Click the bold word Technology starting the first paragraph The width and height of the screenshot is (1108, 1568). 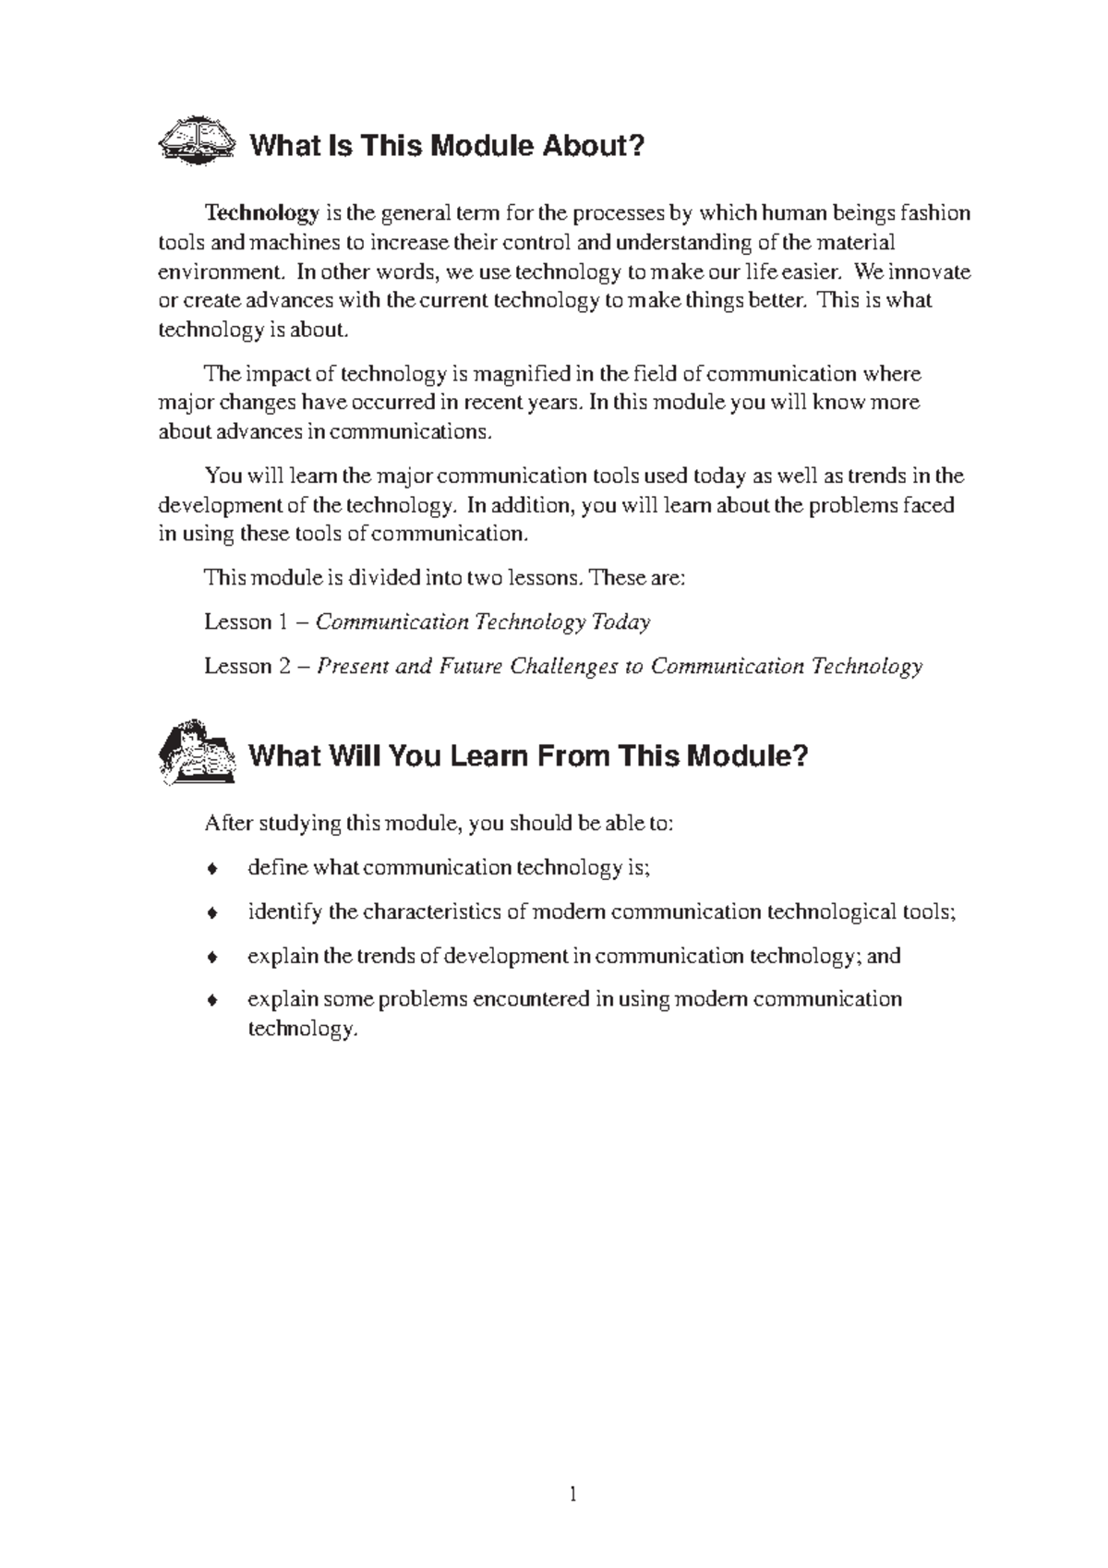[261, 213]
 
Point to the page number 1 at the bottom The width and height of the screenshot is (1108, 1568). [573, 1494]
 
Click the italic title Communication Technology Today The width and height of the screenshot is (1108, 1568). [483, 622]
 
